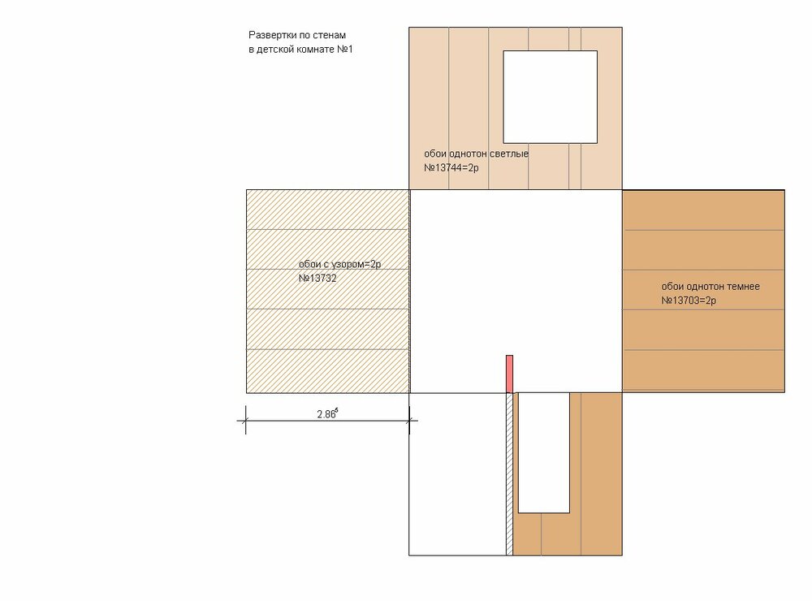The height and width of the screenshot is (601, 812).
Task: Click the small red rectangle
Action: tap(510, 374)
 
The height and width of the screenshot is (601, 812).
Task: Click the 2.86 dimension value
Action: tap(327, 413)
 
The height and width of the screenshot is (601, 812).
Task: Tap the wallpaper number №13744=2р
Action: tap(451, 168)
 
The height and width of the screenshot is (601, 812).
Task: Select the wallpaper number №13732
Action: tap(317, 279)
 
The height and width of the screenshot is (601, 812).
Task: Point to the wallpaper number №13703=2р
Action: tap(689, 300)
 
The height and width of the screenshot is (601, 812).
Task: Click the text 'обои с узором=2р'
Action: tap(339, 264)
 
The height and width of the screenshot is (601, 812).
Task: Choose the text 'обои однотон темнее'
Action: tap(710, 286)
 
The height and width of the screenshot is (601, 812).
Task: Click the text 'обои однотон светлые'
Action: tap(477, 153)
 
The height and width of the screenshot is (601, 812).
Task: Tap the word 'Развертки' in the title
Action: tap(272, 35)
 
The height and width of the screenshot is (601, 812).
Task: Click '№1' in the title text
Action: tap(345, 50)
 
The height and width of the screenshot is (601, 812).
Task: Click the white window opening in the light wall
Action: tap(550, 97)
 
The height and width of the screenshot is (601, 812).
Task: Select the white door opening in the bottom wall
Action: tap(544, 453)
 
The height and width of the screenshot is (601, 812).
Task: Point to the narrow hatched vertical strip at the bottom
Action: tap(510, 474)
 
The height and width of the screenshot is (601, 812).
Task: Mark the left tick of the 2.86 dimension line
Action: tap(245, 420)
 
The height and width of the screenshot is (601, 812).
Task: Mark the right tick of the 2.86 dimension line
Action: tap(409, 420)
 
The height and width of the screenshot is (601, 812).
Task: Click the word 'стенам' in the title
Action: tap(330, 35)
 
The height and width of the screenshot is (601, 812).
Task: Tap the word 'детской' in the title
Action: tap(276, 50)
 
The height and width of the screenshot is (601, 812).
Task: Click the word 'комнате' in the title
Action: tap(317, 50)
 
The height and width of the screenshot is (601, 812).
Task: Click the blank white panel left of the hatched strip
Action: tap(458, 474)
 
